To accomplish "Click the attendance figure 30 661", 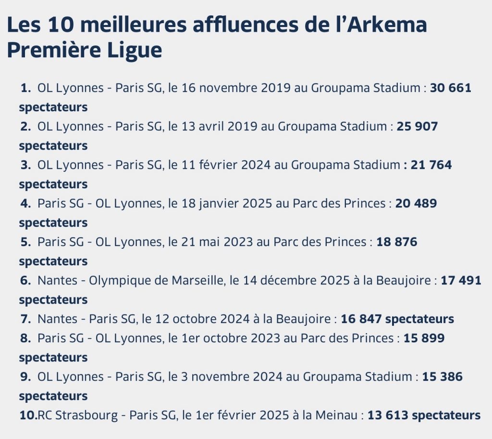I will (x=450, y=88).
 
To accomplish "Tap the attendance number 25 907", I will (x=417, y=127).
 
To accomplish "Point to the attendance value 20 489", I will (x=416, y=204).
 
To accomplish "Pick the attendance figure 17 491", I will (x=461, y=281).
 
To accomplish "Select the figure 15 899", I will (x=424, y=338).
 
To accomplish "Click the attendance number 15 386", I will (x=442, y=377).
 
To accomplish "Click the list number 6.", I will (x=25, y=281).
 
